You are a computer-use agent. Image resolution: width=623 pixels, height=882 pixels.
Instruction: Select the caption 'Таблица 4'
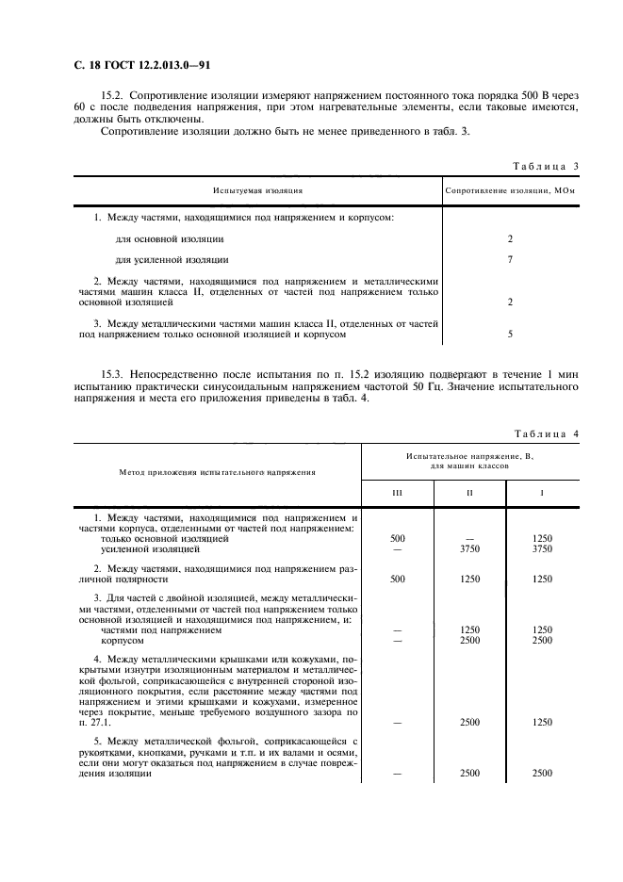pos(546,433)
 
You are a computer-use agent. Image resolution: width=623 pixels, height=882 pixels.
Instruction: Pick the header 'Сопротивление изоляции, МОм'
pos(509,189)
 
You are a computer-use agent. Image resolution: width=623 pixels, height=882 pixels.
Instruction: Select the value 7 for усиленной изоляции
pos(510,259)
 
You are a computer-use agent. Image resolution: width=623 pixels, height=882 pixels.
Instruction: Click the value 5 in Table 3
pos(510,334)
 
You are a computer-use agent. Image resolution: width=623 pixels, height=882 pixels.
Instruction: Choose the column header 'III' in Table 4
pos(397,493)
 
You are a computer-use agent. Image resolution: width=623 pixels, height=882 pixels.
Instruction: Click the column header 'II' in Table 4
pos(469,493)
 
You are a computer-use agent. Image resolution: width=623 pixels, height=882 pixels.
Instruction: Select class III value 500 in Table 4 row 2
pos(397,579)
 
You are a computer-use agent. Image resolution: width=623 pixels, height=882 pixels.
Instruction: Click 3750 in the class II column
pos(469,548)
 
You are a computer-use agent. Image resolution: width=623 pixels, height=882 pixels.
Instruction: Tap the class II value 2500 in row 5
pos(469,773)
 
